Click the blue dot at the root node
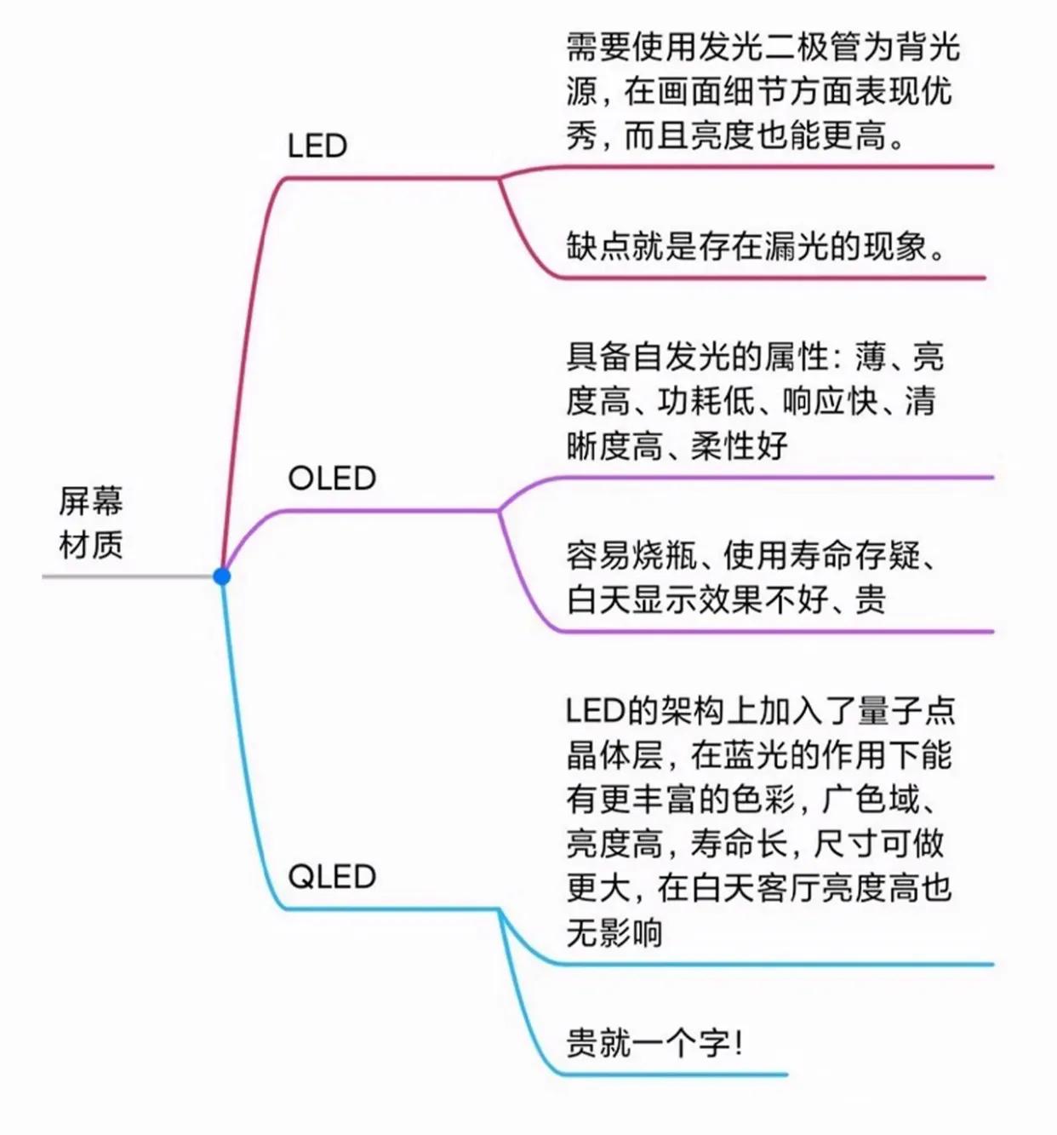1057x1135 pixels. click(222, 576)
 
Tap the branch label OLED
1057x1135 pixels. click(332, 479)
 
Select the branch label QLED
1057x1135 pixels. click(332, 876)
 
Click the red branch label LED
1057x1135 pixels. click(317, 146)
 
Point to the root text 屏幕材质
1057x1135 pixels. click(91, 522)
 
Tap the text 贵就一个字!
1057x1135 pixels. click(654, 1042)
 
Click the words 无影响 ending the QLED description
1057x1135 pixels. click(614, 933)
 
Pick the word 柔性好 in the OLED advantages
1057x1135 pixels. click(740, 445)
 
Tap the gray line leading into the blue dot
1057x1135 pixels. click(128, 576)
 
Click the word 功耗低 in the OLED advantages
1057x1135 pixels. click(706, 401)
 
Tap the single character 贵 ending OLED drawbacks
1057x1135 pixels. click(871, 600)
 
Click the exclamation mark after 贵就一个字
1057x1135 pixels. click(737, 1042)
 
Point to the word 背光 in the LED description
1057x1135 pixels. click(927, 48)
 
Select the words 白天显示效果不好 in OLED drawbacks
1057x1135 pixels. click(697, 600)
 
